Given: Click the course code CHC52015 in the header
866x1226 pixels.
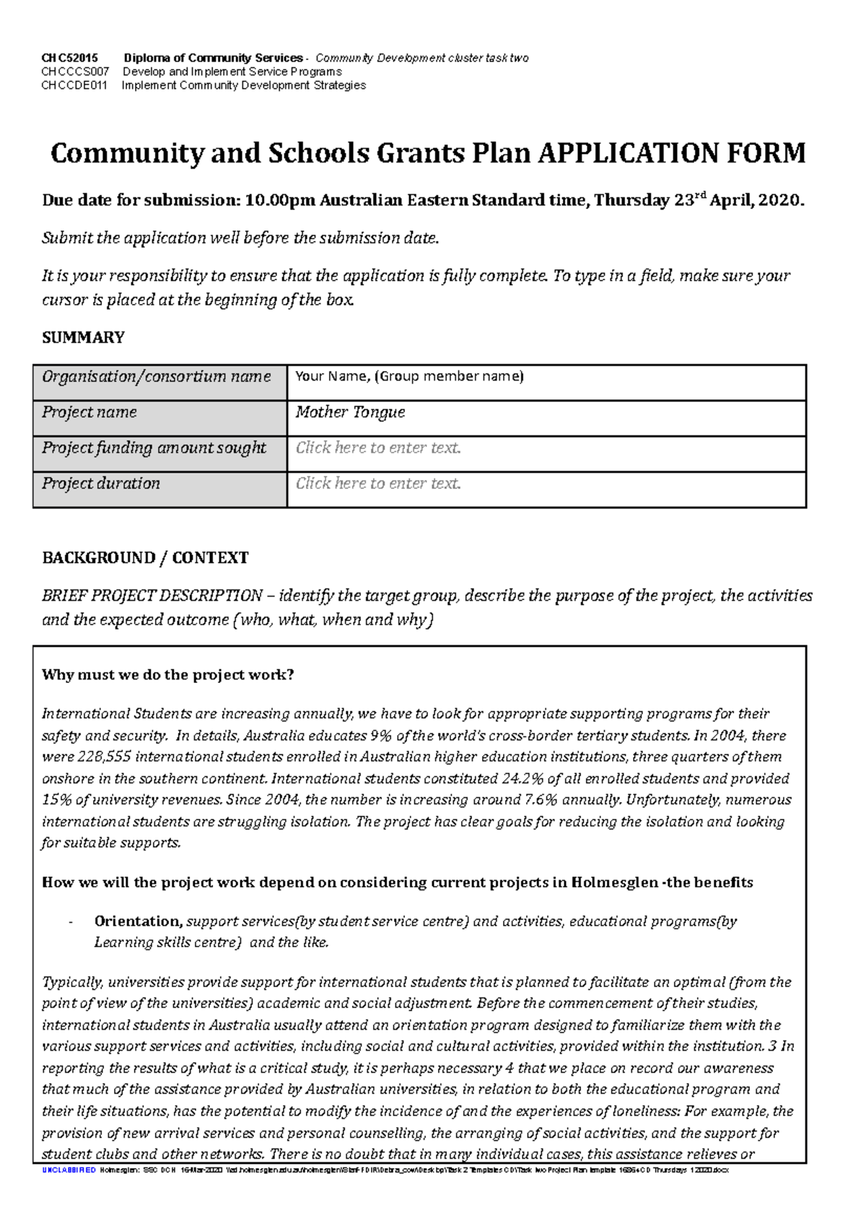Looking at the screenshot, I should (69, 58).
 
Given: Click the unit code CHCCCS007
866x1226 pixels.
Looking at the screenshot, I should (75, 71).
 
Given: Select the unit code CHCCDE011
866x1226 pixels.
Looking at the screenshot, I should (74, 85).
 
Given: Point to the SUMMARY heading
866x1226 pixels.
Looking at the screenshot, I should (83, 337).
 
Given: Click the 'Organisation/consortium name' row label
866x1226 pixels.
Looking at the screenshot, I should (157, 376).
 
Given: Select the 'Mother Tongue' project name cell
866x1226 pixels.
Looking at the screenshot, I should (350, 412).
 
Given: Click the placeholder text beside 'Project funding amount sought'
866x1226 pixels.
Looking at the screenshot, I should (378, 448).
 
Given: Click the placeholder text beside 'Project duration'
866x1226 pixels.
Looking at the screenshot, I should (378, 483).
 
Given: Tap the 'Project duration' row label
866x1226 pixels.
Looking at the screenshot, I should (101, 483).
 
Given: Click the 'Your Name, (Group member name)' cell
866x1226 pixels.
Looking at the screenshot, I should (409, 376).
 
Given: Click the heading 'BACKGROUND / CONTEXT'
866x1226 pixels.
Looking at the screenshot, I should (145, 557).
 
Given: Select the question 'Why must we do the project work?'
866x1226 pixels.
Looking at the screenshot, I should (168, 675).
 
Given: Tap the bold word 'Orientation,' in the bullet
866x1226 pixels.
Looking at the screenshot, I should (138, 921).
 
